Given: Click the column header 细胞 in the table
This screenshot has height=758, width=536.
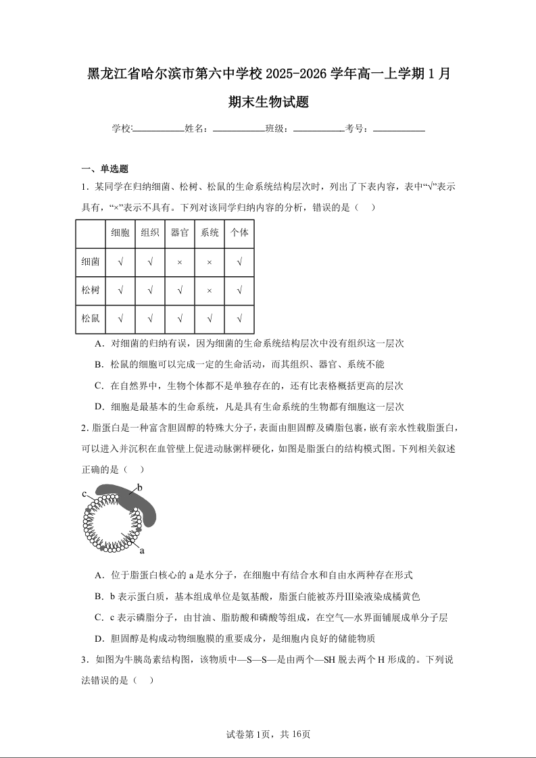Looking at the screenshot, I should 120,233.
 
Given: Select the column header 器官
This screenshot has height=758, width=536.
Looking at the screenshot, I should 180,233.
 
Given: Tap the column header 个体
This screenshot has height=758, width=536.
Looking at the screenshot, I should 239,233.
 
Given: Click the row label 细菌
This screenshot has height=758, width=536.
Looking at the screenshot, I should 91,261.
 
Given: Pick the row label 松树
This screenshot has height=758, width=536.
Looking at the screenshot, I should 91,290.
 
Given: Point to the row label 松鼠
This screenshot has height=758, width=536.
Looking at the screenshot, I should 91,318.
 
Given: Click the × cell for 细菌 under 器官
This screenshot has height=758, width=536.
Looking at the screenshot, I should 180,262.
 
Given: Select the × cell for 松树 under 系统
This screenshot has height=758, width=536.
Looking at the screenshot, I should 210,290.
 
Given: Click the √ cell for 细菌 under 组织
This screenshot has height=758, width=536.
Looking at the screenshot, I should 150,262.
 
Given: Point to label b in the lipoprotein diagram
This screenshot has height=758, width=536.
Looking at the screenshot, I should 140,487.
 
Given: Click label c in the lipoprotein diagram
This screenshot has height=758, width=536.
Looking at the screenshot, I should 84,494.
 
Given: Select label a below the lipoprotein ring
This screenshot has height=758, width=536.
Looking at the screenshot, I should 142,550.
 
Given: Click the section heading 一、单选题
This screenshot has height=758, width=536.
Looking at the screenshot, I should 105,169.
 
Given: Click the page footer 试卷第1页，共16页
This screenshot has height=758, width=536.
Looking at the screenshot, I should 268,734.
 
